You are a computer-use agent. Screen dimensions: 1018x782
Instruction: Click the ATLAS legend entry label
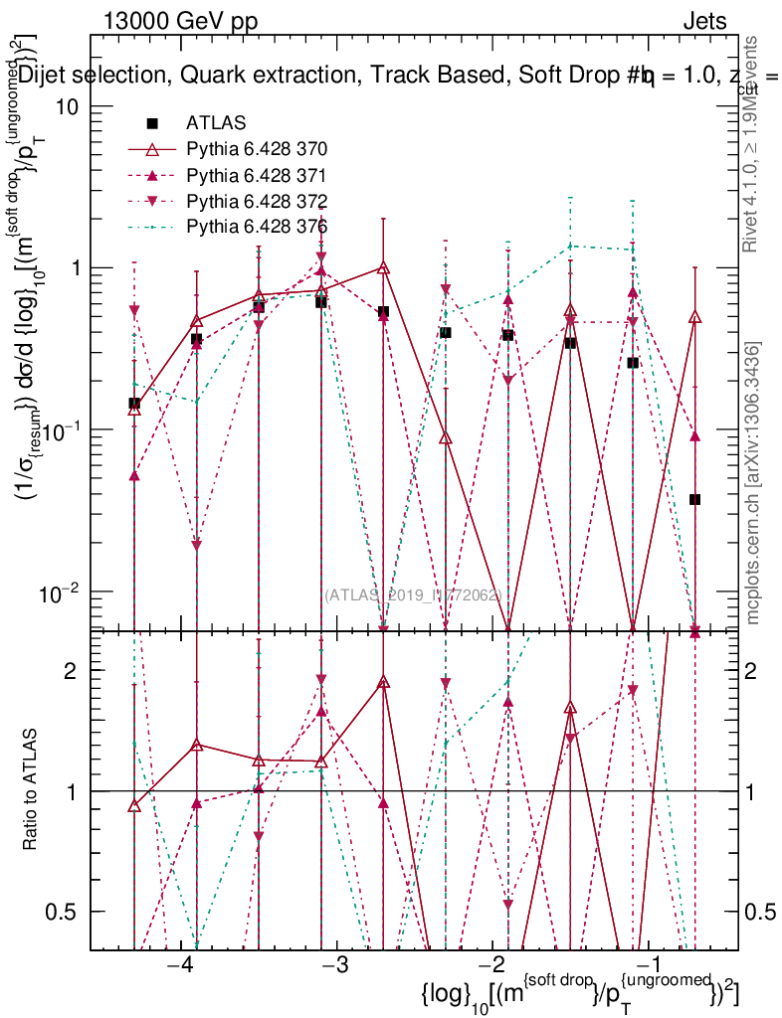[211, 123]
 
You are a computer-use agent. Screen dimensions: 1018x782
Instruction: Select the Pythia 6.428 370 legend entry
[257, 149]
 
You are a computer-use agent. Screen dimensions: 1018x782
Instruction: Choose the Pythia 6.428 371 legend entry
[257, 175]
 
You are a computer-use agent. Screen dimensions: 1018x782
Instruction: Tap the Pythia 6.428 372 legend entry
[257, 201]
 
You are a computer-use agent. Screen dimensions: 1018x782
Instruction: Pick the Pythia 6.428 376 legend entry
[257, 227]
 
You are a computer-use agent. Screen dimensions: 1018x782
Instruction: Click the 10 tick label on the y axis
[68, 106]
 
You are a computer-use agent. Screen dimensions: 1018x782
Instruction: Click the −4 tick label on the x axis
[179, 966]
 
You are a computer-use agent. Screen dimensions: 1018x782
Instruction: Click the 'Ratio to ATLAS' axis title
[32, 789]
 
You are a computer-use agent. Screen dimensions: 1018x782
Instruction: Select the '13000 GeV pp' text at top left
[179, 20]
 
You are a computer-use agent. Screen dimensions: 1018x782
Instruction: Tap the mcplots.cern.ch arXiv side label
[753, 483]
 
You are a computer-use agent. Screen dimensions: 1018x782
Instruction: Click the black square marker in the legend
[152, 123]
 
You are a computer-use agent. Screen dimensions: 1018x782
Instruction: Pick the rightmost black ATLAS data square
[695, 499]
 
